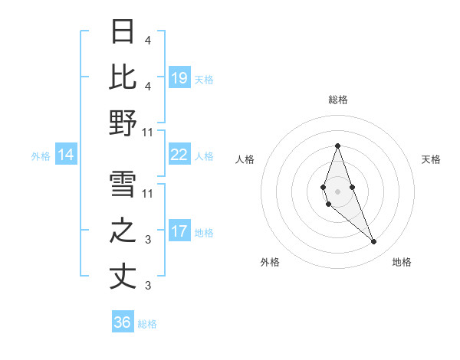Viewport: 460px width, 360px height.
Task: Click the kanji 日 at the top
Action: coord(123,32)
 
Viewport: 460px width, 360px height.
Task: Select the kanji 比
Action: coord(123,77)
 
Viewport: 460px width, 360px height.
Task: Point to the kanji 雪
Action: coord(123,185)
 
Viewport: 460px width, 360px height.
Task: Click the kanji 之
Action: coord(123,231)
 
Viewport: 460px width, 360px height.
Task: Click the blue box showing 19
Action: coord(179,78)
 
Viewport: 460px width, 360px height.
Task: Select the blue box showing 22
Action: coord(179,155)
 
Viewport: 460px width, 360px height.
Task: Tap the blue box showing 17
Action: coord(179,231)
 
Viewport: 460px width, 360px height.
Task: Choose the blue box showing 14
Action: coord(65,155)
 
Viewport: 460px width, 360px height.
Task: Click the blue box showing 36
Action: coord(123,322)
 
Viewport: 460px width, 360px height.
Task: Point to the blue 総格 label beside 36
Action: coord(147,324)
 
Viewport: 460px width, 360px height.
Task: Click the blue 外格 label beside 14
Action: coord(41,156)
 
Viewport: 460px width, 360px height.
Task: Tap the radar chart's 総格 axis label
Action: coord(337,100)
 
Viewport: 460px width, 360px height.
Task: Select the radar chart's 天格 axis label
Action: coord(431,159)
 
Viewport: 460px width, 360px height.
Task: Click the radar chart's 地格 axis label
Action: coord(402,262)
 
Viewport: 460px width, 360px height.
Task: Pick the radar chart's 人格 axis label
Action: coord(245,159)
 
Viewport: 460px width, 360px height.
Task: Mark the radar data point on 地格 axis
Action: coord(374,242)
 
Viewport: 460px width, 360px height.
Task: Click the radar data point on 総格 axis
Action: coord(337,146)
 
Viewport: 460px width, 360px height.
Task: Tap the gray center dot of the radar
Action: coord(337,191)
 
